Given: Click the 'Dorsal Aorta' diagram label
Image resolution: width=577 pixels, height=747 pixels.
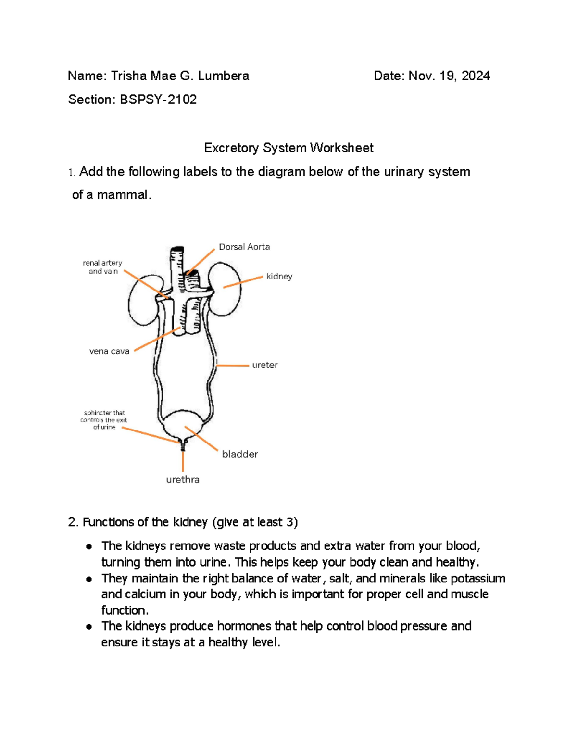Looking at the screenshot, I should [244, 247].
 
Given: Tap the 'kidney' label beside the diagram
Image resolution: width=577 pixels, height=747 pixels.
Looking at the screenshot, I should [279, 276].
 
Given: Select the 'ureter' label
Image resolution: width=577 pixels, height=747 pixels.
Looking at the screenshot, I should [265, 365].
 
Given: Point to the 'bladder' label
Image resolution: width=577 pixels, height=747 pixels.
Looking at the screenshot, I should [240, 454].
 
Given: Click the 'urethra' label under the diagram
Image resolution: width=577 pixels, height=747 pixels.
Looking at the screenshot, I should [183, 480].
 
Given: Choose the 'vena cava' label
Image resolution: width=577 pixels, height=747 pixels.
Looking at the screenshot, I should [109, 351].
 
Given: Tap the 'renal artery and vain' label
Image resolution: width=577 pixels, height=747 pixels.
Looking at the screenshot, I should [102, 267].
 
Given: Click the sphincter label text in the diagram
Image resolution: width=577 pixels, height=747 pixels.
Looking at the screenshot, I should [104, 420].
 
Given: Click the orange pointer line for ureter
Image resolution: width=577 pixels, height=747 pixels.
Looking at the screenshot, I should [233, 366].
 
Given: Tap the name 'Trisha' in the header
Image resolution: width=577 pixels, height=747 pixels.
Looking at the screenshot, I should [129, 76].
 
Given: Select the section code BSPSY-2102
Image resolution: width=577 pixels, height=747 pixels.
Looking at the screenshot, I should [158, 100].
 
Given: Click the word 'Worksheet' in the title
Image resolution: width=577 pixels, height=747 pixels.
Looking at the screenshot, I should [341, 148].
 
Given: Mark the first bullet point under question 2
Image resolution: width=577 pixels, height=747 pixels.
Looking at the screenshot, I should [89, 546].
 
